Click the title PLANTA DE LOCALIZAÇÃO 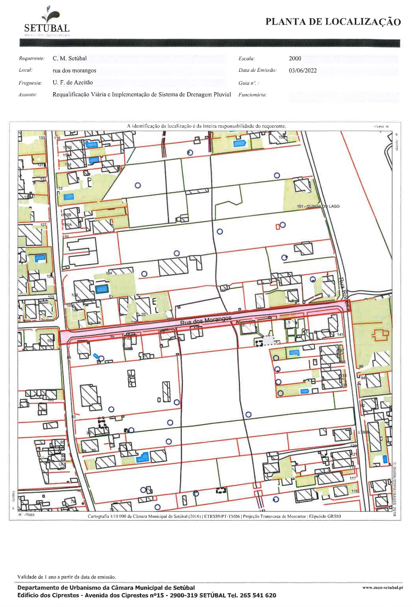[333, 22]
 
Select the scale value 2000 [295, 59]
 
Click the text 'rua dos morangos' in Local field [74, 70]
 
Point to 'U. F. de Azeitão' [72, 83]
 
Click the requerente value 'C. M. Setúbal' [69, 59]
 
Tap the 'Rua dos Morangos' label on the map [206, 320]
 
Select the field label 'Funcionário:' [252, 95]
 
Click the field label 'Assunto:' [28, 95]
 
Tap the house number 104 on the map [109, 273]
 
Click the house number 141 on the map [340, 335]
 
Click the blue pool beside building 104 [101, 289]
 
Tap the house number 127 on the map [43, 225]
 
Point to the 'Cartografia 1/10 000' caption [214, 516]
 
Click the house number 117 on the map [353, 478]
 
